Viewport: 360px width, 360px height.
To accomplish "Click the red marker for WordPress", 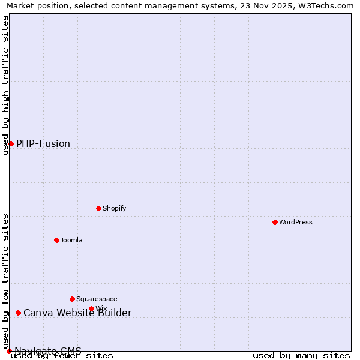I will pyautogui.click(x=275, y=222).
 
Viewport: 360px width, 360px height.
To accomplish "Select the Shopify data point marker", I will pyautogui.click(x=98, y=208).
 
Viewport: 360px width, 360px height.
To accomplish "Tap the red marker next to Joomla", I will pyautogui.click(x=56, y=240).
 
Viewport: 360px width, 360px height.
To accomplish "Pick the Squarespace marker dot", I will pyautogui.click(x=72, y=299).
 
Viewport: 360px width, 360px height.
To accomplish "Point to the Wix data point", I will pyautogui.click(x=91, y=308).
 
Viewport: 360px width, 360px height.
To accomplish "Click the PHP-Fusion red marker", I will pyautogui.click(x=11, y=143).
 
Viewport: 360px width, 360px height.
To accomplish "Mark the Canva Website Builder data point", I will pyautogui.click(x=18, y=313).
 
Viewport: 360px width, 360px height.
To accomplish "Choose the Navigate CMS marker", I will pyautogui.click(x=9, y=351).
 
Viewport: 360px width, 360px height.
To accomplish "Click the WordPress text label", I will pyautogui.click(x=296, y=222).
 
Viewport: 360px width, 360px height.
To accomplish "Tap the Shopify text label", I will pyautogui.click(x=114, y=208).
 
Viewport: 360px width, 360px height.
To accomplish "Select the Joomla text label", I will pyautogui.click(x=71, y=240).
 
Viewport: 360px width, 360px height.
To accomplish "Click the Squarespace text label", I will pyautogui.click(x=97, y=299).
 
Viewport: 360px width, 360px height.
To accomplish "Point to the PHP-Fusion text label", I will pyautogui.click(x=43, y=143).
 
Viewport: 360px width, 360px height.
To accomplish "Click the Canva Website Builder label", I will pyautogui.click(x=77, y=313).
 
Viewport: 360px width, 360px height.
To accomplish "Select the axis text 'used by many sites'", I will pyautogui.click(x=301, y=356).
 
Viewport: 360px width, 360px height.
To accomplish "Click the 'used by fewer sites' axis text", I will pyautogui.click(x=62, y=356).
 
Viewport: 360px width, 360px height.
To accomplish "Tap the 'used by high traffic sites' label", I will pyautogui.click(x=6, y=85).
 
